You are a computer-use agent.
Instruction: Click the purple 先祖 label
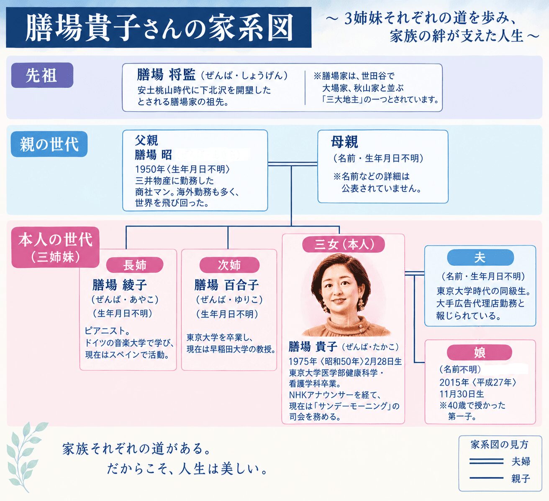tap(42, 75)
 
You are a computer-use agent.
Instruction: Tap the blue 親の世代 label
tap(49, 144)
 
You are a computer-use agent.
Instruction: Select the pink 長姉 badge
tap(135, 265)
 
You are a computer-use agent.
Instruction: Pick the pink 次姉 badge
tap(229, 265)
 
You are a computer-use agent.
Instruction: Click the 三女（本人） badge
tap(344, 244)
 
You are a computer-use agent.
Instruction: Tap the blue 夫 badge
tap(480, 257)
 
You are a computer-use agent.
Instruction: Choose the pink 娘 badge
tap(480, 352)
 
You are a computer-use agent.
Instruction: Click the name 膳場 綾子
tap(120, 285)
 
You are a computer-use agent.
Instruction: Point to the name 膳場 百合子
tap(227, 285)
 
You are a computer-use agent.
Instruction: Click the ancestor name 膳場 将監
tap(167, 75)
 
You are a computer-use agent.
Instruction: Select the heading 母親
tap(344, 142)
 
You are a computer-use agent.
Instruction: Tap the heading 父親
tap(146, 140)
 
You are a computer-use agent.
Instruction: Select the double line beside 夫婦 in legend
tap(486, 461)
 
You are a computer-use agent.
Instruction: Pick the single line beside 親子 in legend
tap(486, 478)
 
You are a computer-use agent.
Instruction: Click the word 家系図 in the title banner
tap(250, 27)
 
